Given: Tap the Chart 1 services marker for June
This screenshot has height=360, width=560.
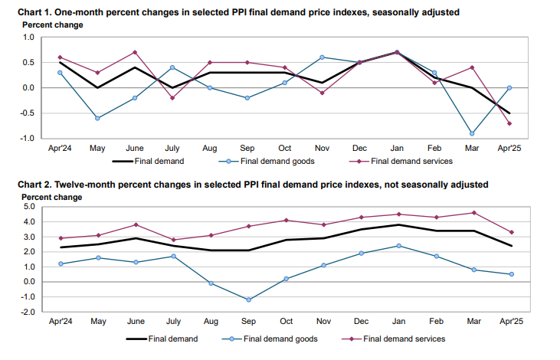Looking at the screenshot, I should tap(135, 52).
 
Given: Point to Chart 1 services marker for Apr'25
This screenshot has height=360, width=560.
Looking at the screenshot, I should tap(510, 123).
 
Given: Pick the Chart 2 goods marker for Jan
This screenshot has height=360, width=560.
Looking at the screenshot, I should tap(398, 246).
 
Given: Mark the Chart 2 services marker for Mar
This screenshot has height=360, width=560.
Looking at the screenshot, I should tap(474, 213).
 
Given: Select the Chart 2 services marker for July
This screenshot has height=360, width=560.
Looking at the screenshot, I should tap(173, 240).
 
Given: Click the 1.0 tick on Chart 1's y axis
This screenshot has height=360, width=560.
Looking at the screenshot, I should tap(28, 38).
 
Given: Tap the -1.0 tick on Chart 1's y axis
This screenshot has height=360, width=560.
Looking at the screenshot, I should tap(27, 139).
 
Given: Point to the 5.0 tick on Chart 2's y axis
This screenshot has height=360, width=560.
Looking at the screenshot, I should tap(28, 207).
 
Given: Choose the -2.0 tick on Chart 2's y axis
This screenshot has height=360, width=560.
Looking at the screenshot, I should tap(27, 312).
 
